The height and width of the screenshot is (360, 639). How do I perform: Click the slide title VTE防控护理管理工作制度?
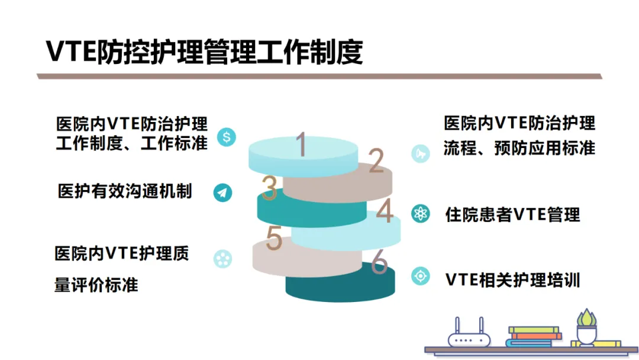pyautogui.click(x=204, y=52)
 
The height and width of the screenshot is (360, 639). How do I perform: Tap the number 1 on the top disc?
pyautogui.click(x=301, y=145)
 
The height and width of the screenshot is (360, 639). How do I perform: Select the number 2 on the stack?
pyautogui.click(x=376, y=161)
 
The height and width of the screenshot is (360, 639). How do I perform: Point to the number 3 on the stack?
pyautogui.click(x=269, y=188)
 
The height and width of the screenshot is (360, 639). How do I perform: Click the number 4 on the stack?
pyautogui.click(x=385, y=212)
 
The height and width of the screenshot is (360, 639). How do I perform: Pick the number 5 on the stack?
pyautogui.click(x=274, y=238)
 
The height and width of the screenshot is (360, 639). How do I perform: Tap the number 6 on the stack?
pyautogui.click(x=379, y=264)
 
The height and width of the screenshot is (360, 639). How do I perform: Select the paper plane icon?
pyautogui.click(x=223, y=192)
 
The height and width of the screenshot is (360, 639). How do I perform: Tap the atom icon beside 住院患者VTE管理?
pyautogui.click(x=421, y=214)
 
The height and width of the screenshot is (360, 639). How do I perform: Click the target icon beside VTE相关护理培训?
pyautogui.click(x=421, y=276)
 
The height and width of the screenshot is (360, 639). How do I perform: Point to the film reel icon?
pyautogui.click(x=223, y=258)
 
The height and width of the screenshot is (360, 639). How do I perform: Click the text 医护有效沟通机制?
pyautogui.click(x=125, y=191)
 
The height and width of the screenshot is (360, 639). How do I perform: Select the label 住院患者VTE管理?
pyautogui.click(x=512, y=214)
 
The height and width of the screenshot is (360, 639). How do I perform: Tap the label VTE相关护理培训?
pyautogui.click(x=512, y=279)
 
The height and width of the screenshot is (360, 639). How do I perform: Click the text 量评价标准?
pyautogui.click(x=96, y=285)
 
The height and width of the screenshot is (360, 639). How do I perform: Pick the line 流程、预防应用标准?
pyautogui.click(x=519, y=148)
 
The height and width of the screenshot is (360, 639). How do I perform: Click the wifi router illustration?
pyautogui.click(x=469, y=335)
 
